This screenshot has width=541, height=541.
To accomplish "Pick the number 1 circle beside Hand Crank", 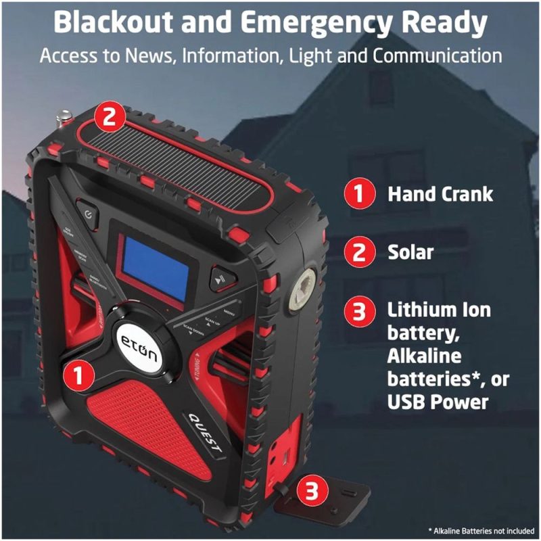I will (x=360, y=195).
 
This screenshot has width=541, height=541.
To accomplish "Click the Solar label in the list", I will (x=410, y=253).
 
